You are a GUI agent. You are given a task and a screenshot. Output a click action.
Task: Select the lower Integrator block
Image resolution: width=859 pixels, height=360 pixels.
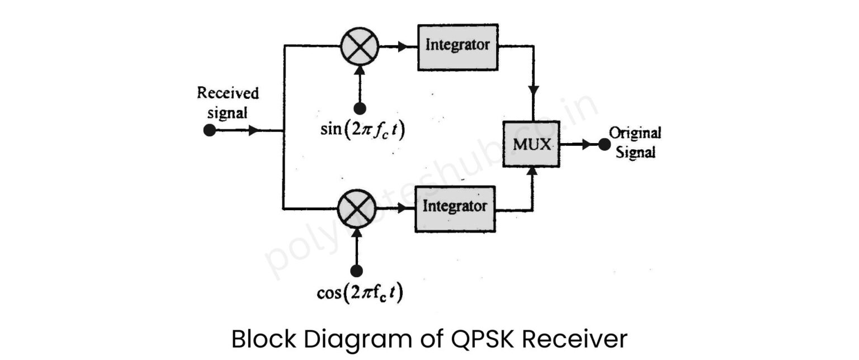455,209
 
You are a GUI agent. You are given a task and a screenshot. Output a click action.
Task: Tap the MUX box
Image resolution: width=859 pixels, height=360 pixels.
531,144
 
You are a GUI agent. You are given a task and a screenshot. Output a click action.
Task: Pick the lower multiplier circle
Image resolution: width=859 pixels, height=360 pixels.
357,208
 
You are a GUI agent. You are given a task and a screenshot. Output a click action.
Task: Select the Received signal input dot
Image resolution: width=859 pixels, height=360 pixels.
209,131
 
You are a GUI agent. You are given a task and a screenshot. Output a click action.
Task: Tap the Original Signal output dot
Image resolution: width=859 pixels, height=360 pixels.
603,144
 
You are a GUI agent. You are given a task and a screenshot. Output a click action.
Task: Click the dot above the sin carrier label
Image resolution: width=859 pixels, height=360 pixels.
359,108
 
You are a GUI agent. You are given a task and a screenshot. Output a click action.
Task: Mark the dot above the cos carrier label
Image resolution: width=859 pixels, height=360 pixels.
357,271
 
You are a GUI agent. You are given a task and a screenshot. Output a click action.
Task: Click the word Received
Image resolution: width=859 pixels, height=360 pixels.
228,93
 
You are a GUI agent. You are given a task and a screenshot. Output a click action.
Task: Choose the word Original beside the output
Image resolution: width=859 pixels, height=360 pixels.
635,134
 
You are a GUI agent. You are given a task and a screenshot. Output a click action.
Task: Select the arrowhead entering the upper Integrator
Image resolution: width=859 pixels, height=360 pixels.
402,47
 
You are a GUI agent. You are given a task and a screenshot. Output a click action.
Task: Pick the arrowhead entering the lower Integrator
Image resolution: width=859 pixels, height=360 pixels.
400,209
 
